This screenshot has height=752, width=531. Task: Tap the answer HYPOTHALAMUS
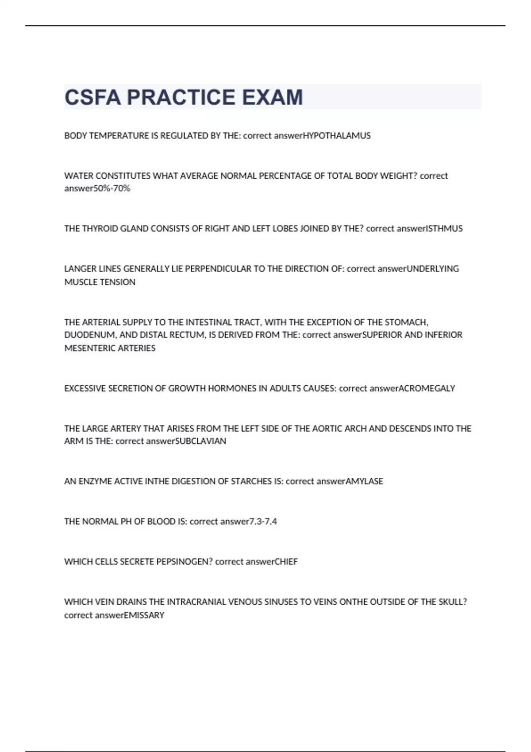click(x=337, y=136)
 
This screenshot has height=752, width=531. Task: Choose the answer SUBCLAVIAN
click(x=201, y=441)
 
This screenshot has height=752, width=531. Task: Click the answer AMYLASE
click(x=364, y=481)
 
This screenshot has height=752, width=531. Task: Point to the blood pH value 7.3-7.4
click(x=263, y=522)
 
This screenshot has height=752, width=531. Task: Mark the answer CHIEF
click(x=286, y=562)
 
